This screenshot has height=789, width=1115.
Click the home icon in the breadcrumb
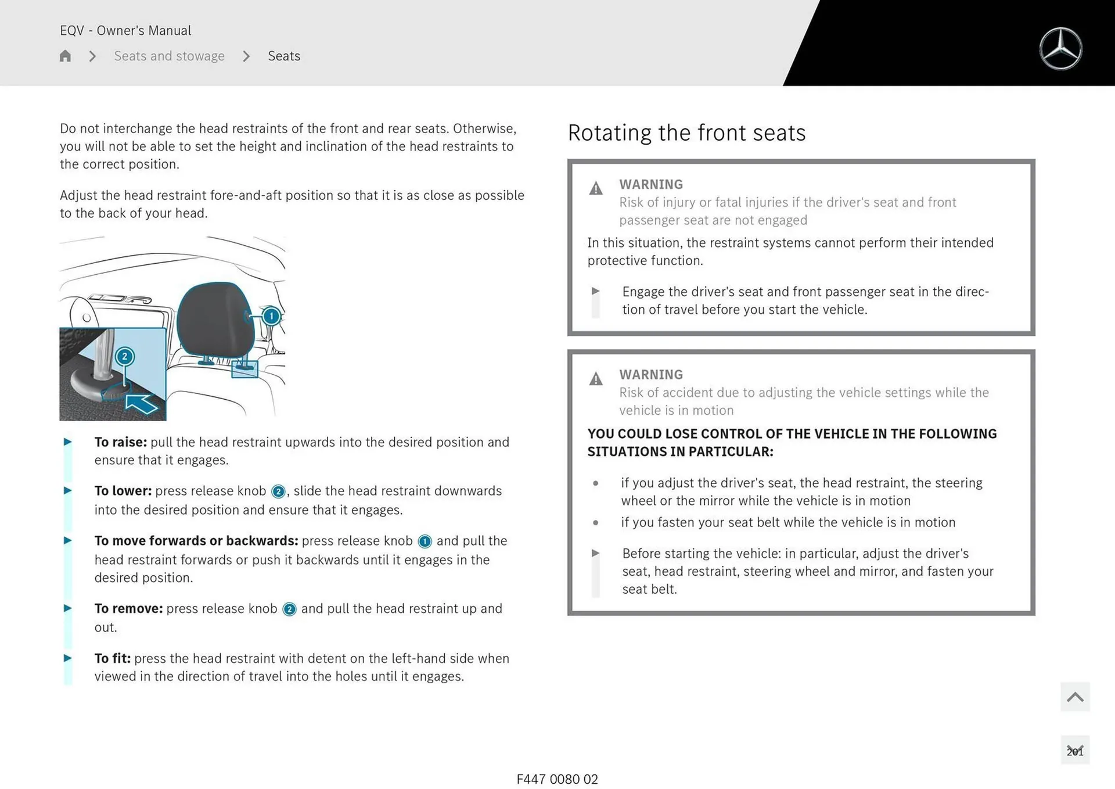[x=65, y=56]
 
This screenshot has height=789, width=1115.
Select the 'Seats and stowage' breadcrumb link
[x=169, y=56]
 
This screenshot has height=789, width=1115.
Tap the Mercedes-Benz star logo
[x=1060, y=49]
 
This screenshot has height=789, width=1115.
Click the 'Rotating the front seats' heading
[x=686, y=133]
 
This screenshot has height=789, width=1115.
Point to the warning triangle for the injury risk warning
[x=596, y=188]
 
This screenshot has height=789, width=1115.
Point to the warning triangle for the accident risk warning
[x=596, y=379]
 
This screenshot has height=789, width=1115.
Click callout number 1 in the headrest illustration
[x=271, y=316]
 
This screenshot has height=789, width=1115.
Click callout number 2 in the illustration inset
[x=124, y=356]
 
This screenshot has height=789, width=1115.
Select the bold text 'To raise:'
[x=121, y=442]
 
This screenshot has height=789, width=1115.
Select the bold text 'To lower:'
[x=123, y=491]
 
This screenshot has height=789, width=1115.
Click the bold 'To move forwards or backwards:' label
[x=196, y=541]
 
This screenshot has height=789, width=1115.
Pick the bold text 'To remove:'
[x=128, y=608]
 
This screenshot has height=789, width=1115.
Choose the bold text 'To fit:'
[x=113, y=658]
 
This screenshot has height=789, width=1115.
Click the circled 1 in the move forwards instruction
[x=425, y=541]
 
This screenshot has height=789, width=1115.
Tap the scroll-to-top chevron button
[x=1075, y=697]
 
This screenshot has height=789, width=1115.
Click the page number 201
[x=1075, y=751]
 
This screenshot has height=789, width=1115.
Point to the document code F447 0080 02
[x=557, y=779]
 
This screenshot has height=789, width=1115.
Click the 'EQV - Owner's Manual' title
[x=125, y=30]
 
